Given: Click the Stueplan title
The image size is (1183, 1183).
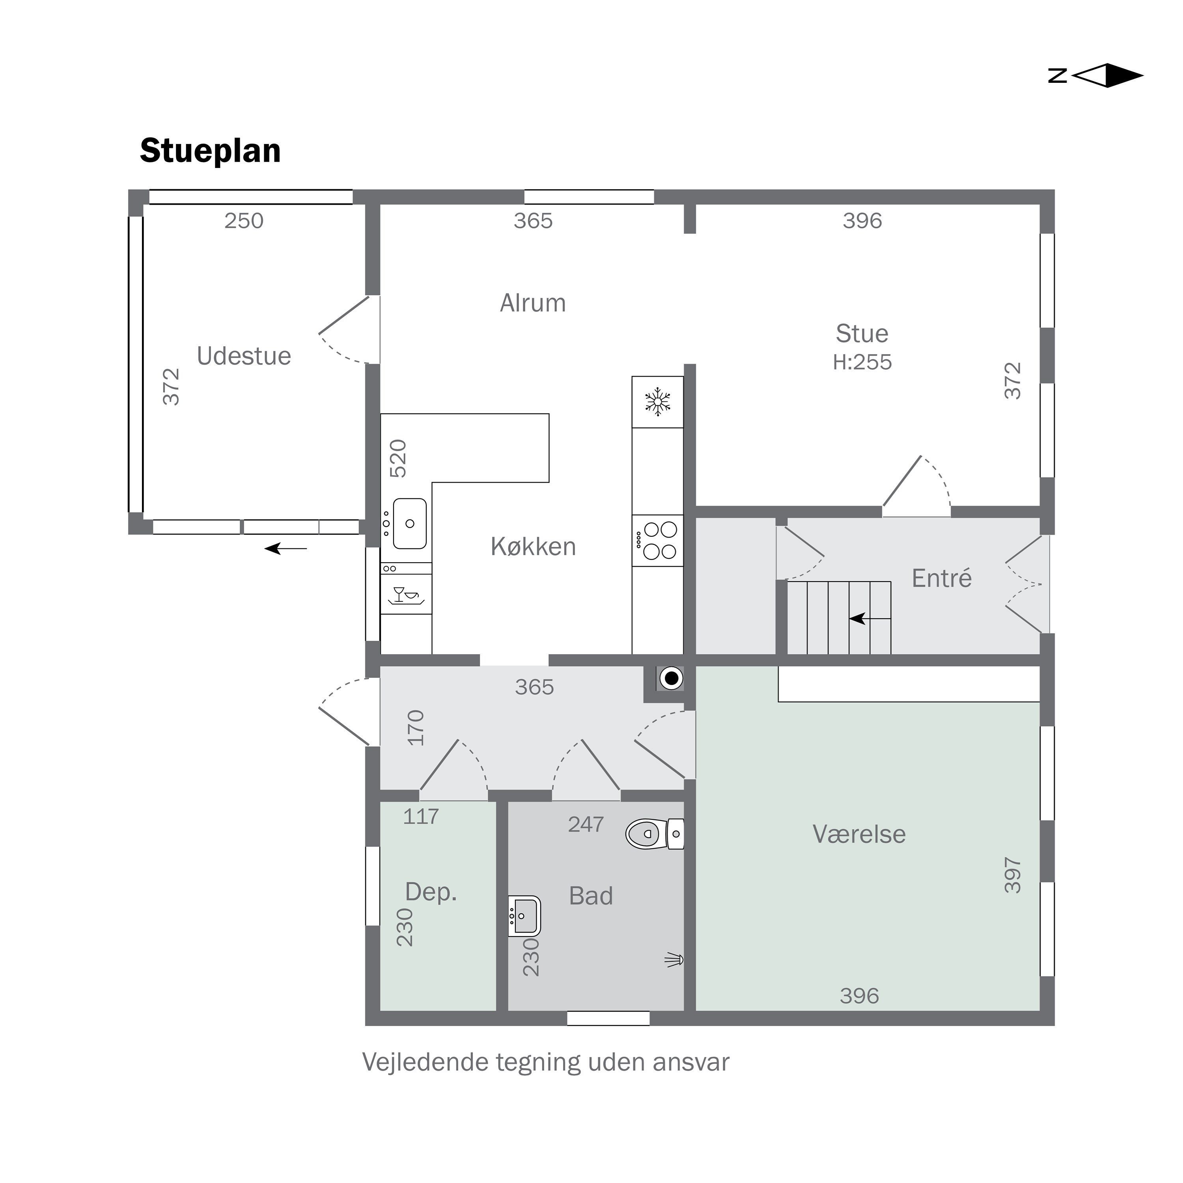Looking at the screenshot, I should (x=211, y=151).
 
